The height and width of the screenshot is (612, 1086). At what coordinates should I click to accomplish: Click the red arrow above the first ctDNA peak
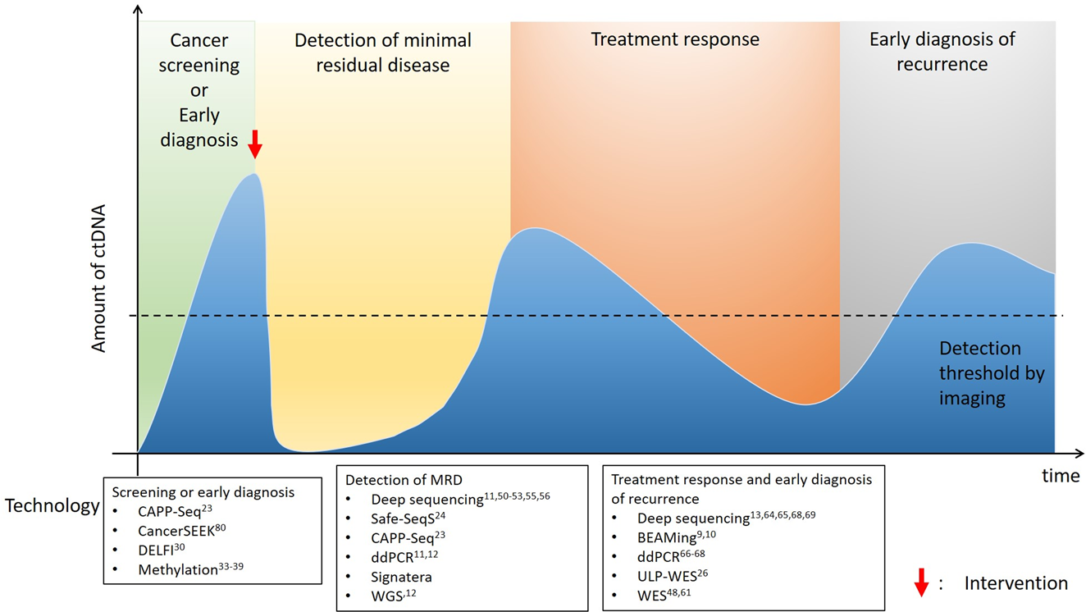point(255,144)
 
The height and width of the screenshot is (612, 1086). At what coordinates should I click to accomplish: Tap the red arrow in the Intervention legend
point(921,582)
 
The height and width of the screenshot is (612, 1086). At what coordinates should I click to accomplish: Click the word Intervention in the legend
point(1015,583)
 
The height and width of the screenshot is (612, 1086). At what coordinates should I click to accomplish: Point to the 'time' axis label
point(1061,476)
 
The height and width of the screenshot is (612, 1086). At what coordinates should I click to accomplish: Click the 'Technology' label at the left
point(52,505)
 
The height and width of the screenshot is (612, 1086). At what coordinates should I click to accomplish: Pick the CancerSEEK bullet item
point(181,531)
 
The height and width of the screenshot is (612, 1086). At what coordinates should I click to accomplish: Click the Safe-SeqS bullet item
point(407,518)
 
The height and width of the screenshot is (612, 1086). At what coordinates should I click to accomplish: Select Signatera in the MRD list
point(401,576)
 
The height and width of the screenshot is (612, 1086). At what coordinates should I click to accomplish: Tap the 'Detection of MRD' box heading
point(399,480)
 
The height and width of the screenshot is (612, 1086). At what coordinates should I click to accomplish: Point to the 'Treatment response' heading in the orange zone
point(675,39)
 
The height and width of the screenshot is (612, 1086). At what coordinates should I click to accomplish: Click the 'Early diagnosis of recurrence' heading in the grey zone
point(942,51)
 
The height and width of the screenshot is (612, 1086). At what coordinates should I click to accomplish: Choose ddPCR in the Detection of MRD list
point(393,557)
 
